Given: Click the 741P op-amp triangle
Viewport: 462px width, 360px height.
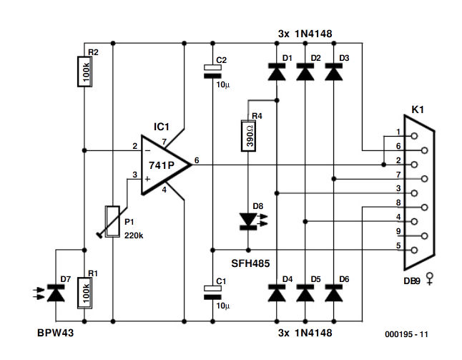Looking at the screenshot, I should [x=164, y=164].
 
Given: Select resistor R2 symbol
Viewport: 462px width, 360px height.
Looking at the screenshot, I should [x=84, y=71].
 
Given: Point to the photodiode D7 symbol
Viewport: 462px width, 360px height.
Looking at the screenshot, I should [x=56, y=292].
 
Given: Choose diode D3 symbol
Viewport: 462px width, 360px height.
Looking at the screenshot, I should [x=333, y=71].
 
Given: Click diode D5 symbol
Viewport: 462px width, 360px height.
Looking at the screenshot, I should [x=305, y=293].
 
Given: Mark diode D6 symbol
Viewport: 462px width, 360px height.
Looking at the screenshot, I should [x=333, y=293].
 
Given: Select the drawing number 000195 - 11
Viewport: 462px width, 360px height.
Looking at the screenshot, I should [x=405, y=334].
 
